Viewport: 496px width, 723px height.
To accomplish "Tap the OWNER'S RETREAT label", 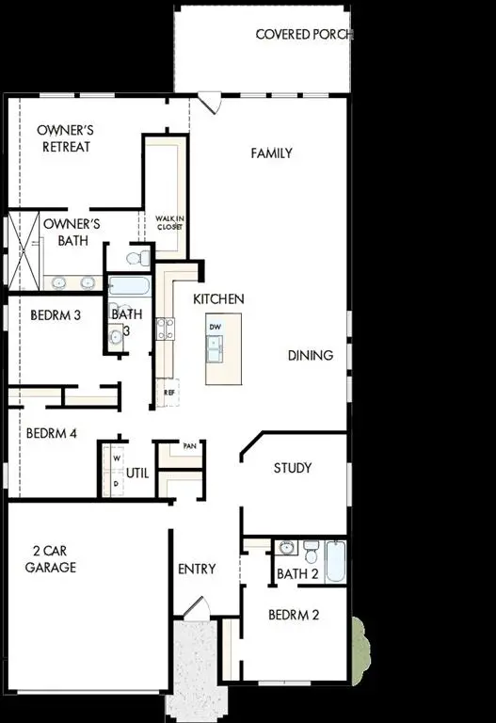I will click(x=64, y=139).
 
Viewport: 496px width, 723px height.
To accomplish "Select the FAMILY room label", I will click(x=271, y=153).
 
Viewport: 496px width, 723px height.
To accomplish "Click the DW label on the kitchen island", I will click(x=216, y=326).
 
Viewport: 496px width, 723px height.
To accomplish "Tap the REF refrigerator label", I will click(x=169, y=392).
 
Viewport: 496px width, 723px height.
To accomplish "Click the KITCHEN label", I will click(x=218, y=298).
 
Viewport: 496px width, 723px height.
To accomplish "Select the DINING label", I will click(x=311, y=355).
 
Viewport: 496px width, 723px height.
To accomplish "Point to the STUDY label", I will click(x=293, y=468).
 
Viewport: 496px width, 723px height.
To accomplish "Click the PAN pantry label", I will click(x=189, y=446).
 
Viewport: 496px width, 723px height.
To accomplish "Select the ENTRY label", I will click(x=197, y=569).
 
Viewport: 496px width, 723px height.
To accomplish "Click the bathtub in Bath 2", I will click(x=337, y=561).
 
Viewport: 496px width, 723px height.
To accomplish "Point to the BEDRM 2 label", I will click(x=294, y=616).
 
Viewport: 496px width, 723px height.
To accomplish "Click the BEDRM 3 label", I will click(x=55, y=315).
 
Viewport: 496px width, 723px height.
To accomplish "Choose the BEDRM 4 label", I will click(x=51, y=434).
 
